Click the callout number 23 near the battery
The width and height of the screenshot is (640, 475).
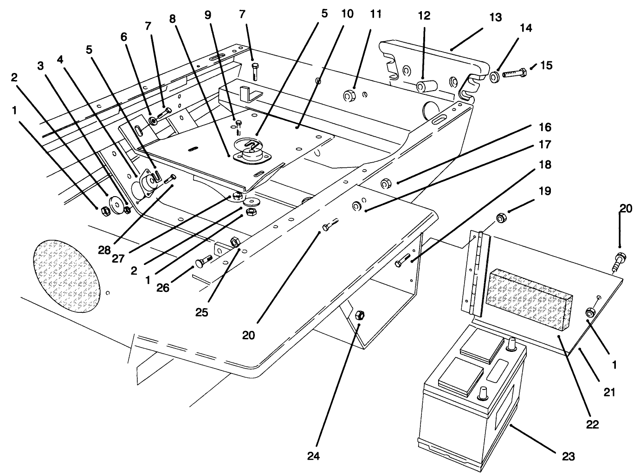[568, 456]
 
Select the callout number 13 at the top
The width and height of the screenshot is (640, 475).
[495, 18]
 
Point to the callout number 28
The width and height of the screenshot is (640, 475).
[104, 250]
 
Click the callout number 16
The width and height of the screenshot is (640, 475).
[545, 127]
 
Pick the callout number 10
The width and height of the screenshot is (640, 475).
[347, 14]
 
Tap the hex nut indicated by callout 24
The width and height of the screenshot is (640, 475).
[359, 316]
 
